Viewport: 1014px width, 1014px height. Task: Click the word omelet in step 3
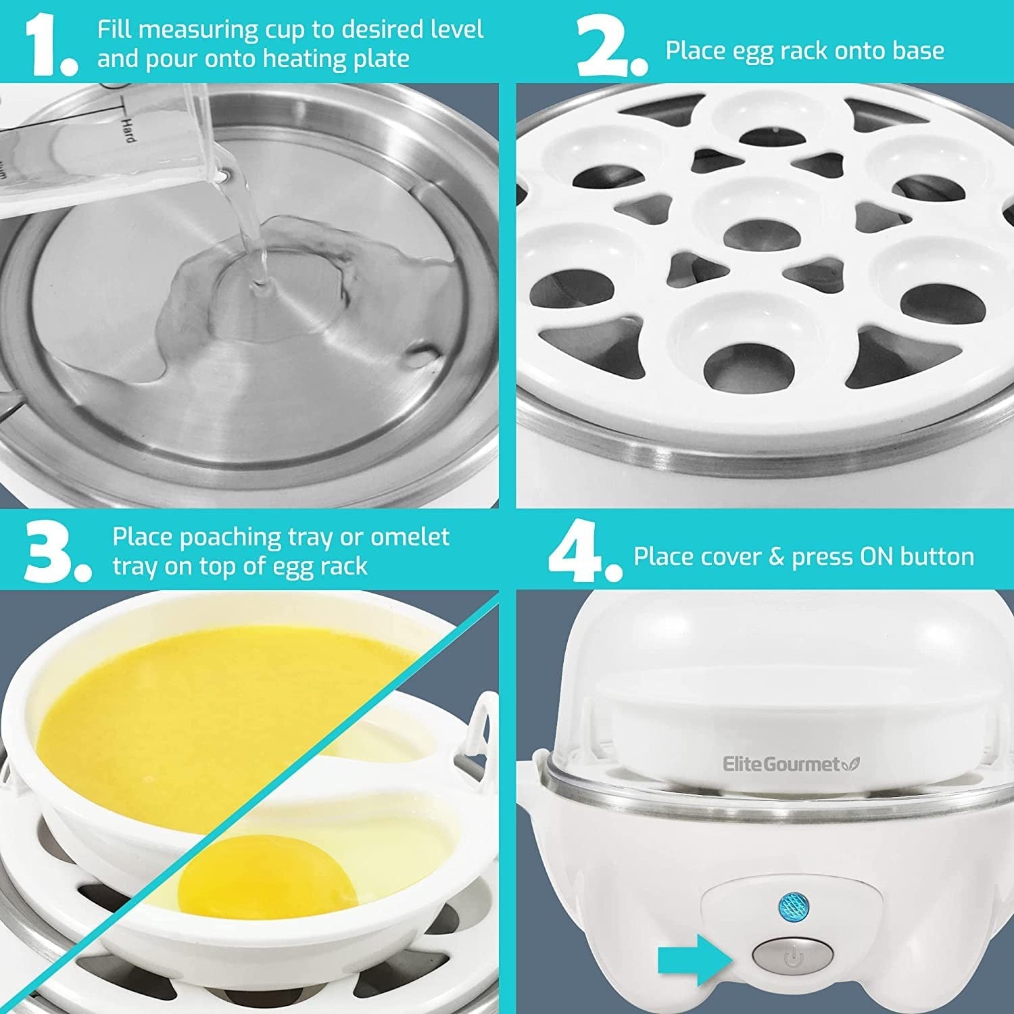click(410, 537)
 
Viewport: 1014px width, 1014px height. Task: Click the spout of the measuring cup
click(223, 174)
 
